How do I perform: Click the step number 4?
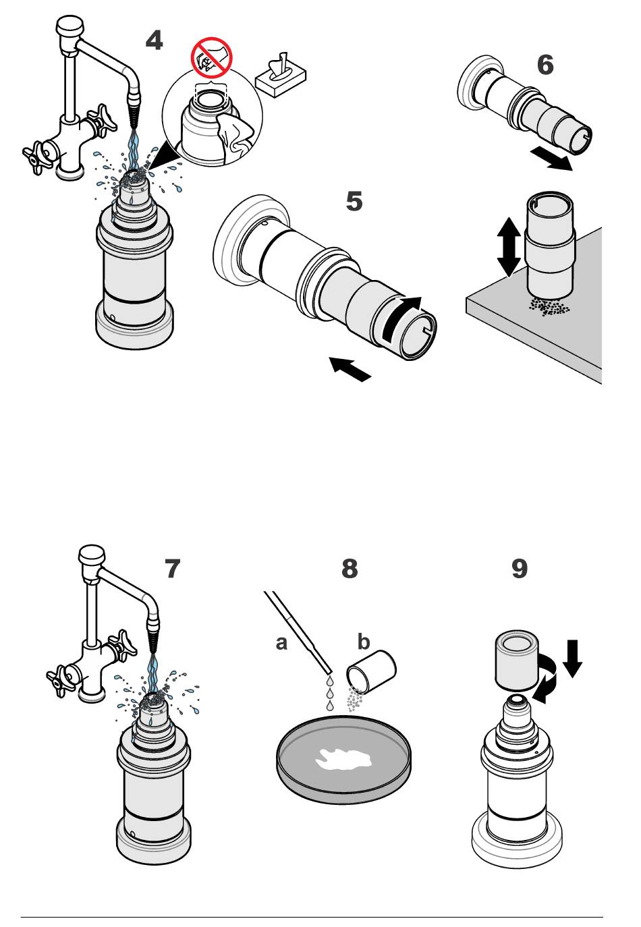point(154,40)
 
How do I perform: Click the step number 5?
point(354,201)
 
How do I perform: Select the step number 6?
point(545,65)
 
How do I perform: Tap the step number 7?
point(173,569)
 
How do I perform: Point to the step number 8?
point(350,569)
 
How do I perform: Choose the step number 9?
point(520,569)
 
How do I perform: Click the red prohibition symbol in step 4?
point(211,57)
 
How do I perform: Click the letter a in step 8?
point(281,643)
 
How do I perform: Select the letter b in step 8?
point(364,642)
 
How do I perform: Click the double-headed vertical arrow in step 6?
point(508,247)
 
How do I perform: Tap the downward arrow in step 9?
point(572,658)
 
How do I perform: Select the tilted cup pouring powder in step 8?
point(372,671)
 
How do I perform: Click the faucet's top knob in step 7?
point(92,557)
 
